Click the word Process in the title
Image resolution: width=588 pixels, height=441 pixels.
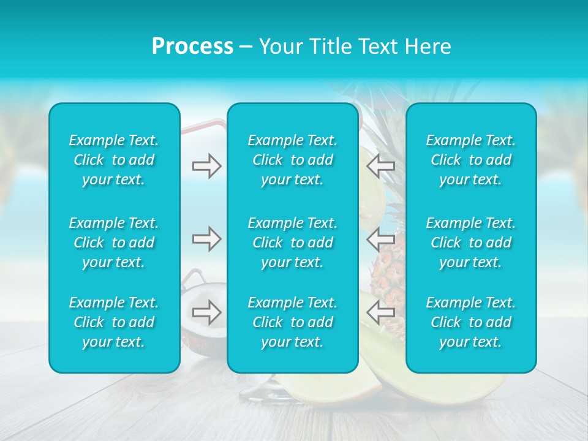tap(192, 47)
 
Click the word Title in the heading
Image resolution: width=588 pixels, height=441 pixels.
tap(331, 47)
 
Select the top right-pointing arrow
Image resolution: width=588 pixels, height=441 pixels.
tap(206, 165)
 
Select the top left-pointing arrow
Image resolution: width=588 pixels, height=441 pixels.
tap(380, 165)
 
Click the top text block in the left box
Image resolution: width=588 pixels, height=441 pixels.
tap(114, 160)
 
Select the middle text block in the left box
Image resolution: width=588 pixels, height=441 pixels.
tap(114, 243)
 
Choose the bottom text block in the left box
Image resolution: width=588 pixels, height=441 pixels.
tap(114, 322)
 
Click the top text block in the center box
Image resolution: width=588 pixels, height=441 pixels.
tap(293, 160)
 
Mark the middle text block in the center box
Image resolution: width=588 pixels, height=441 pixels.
tap(293, 243)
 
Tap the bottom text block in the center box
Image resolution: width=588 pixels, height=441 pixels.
tap(293, 322)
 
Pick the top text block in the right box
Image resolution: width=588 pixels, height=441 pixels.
tap(471, 160)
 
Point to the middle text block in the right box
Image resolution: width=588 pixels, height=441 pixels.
tap(471, 243)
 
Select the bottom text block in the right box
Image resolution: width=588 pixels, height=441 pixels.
tap(471, 322)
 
